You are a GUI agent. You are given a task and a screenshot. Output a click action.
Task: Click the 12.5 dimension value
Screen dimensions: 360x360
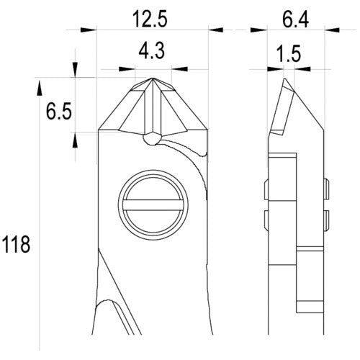tap(150, 19)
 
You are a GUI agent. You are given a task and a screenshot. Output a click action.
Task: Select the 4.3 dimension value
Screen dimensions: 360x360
tap(152, 51)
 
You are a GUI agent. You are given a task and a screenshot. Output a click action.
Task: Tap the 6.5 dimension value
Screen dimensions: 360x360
tap(59, 112)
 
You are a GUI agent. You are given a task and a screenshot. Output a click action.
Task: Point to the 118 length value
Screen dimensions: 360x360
tap(16, 244)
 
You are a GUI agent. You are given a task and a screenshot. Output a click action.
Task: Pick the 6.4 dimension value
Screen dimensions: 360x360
tap(295, 19)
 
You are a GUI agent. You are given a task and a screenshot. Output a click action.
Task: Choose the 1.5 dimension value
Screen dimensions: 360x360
tap(289, 54)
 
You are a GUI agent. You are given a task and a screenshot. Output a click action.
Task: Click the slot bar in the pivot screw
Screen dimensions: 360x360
tap(153, 205)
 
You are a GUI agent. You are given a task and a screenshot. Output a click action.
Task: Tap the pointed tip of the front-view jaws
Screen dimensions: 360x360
tap(153, 78)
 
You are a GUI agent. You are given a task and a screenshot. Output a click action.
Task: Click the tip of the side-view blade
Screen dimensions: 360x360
tap(284, 78)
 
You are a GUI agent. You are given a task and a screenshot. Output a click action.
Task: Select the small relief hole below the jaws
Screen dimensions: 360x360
tap(152, 139)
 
